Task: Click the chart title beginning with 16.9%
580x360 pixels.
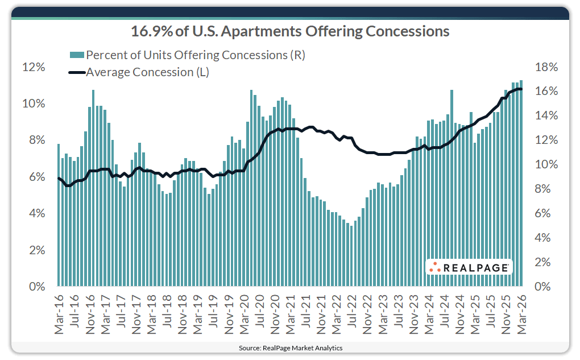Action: pyautogui.click(x=290, y=31)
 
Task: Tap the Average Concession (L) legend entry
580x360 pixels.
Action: pyautogui.click(x=148, y=72)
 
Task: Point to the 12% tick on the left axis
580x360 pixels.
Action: pyautogui.click(x=33, y=67)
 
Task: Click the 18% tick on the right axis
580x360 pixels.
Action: pyautogui.click(x=546, y=67)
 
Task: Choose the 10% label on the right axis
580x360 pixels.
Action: pyautogui.click(x=546, y=165)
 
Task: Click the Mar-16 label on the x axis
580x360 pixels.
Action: pyautogui.click(x=59, y=312)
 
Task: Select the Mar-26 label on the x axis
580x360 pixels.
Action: pyautogui.click(x=521, y=312)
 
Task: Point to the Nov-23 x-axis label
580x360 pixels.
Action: pyautogui.click(x=413, y=312)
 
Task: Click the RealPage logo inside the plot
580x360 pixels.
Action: pyautogui.click(x=469, y=267)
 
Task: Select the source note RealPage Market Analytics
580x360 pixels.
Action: pyautogui.click(x=290, y=347)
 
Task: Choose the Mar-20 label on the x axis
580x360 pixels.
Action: pyautogui.click(x=244, y=312)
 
